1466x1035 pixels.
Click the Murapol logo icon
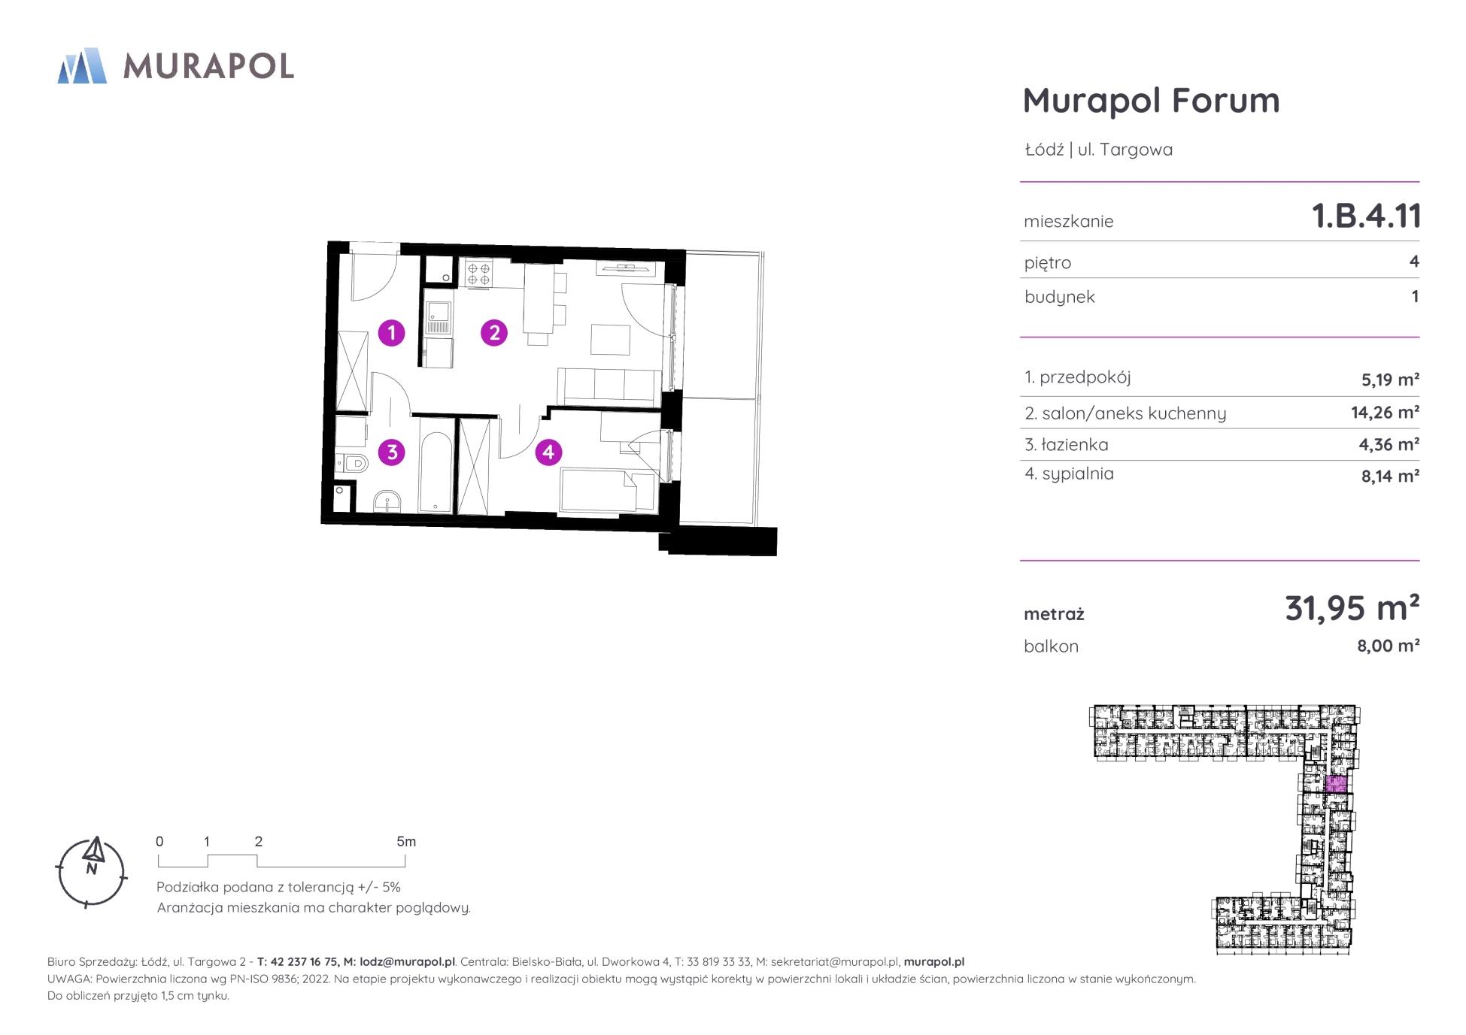(82, 65)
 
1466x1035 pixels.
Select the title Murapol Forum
(1151, 100)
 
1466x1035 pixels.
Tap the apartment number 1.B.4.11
(1366, 216)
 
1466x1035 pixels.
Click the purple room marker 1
(391, 332)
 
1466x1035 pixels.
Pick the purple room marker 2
(494, 332)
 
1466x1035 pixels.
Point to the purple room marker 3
(391, 452)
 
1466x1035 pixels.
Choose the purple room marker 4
(548, 452)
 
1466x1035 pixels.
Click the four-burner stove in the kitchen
(478, 273)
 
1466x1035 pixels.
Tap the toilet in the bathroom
(352, 464)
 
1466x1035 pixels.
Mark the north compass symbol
(92, 872)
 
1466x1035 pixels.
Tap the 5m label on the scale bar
(406, 842)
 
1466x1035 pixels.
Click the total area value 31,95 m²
(1352, 608)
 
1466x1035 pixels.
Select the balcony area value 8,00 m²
(1388, 646)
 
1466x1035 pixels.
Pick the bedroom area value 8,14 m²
(1390, 476)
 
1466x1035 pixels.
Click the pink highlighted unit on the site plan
(1335, 785)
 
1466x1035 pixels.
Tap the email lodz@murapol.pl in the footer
(407, 961)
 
